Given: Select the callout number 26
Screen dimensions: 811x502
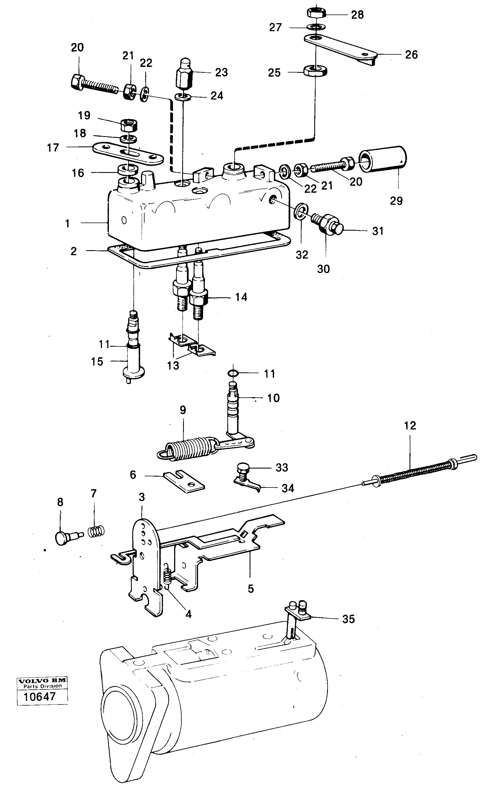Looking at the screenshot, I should pos(411,55).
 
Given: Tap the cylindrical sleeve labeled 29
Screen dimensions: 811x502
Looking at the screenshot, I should pos(383,159).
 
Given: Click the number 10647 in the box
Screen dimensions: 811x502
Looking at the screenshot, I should pos(40,696).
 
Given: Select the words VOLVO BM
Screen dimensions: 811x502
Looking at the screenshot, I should pos(42,681).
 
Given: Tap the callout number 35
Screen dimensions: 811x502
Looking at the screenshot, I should pos(348,619).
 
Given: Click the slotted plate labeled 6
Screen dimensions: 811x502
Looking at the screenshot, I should pos(184,482).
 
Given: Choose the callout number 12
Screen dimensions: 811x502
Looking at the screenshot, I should pos(410,426).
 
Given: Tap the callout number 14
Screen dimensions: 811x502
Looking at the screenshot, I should pos(241,297).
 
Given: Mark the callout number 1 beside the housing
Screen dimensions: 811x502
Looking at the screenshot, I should pos(67,223).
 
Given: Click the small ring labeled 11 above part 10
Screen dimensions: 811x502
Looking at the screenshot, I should pos(234,373).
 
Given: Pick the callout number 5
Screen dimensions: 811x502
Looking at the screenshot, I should pos(251,589).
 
